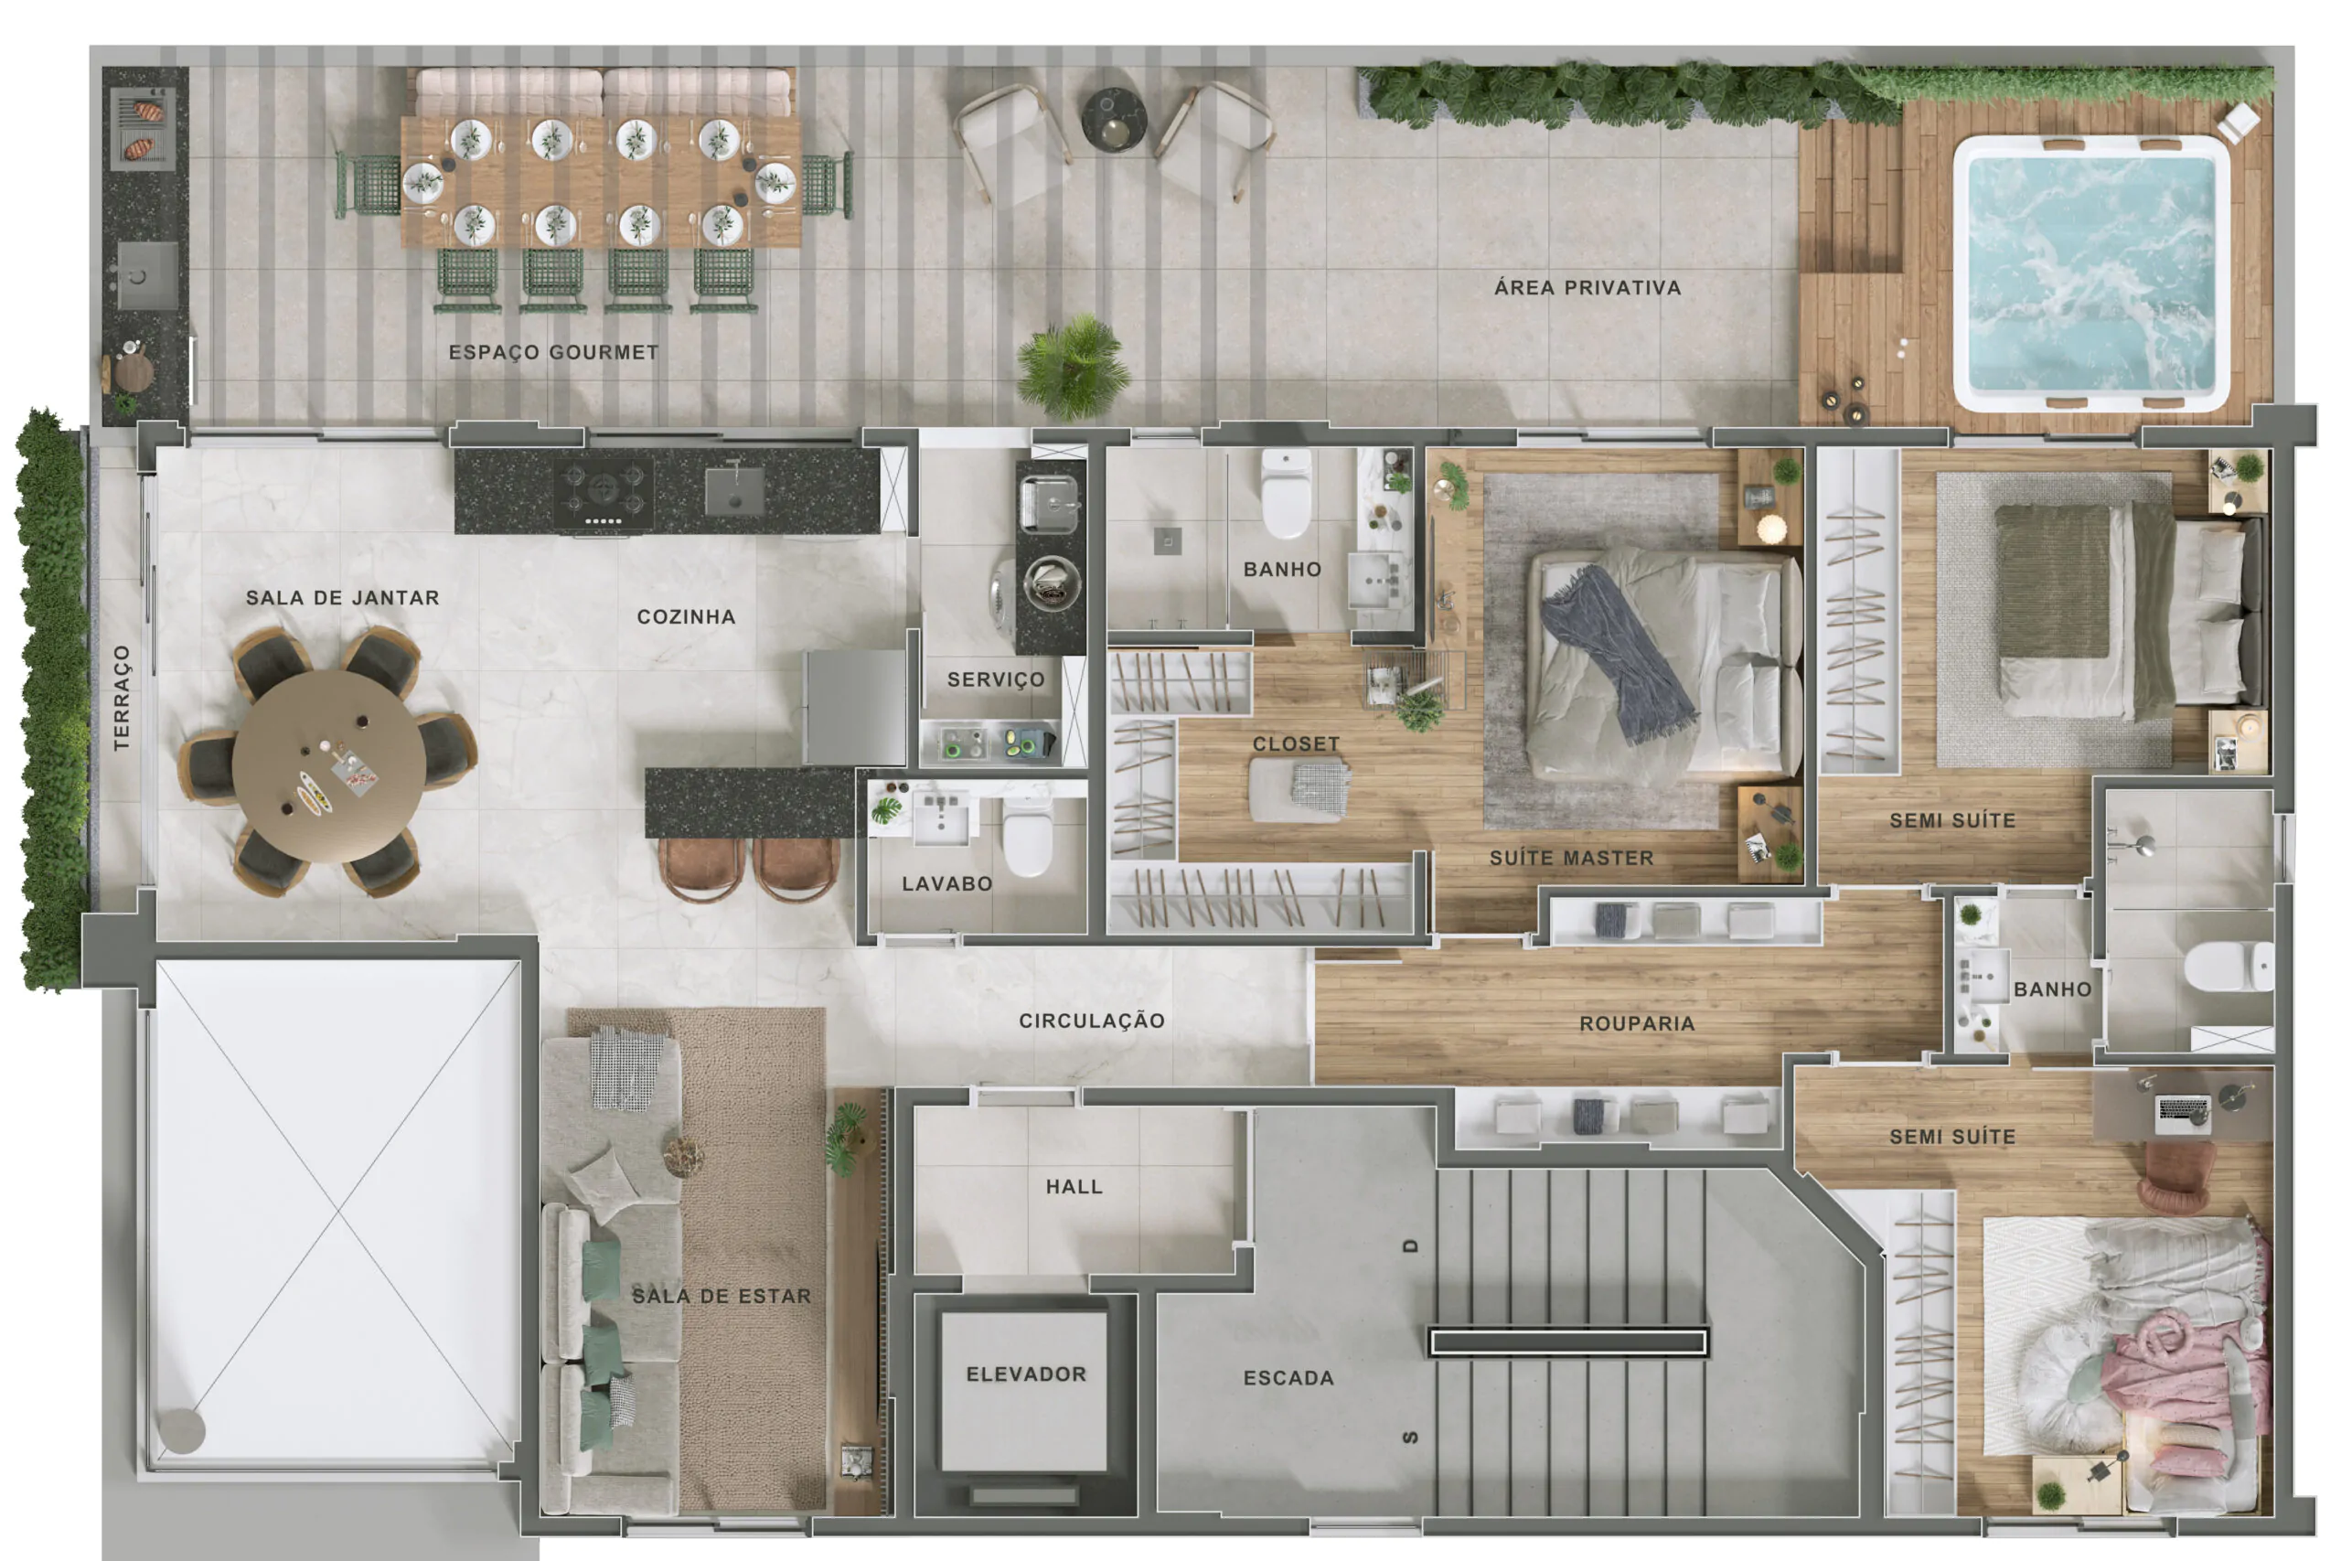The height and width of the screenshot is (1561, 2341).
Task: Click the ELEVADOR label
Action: (1026, 1374)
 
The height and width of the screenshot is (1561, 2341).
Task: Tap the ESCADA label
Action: (1288, 1378)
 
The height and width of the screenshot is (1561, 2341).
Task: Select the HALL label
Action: (1074, 1187)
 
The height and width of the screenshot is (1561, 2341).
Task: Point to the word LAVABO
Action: (946, 884)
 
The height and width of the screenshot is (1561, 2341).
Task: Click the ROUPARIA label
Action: (1636, 1023)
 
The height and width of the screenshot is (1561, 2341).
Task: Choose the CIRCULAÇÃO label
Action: (1091, 1021)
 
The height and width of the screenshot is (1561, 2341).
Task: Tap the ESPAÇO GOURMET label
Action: (553, 351)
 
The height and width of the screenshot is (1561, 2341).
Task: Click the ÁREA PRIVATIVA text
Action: (1587, 287)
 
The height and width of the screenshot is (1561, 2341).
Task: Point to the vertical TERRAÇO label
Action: (122, 697)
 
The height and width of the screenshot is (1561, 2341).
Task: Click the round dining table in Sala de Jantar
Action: (329, 764)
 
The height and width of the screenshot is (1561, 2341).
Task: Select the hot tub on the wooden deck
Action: (2091, 273)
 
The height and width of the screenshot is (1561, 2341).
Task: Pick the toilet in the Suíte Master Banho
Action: (1286, 493)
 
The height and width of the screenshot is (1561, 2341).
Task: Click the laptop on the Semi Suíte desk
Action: (2183, 1114)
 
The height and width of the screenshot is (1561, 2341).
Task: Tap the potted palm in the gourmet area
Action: (1073, 367)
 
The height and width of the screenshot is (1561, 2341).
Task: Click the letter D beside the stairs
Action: (1409, 1246)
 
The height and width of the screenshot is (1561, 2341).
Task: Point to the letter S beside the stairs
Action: (1409, 1438)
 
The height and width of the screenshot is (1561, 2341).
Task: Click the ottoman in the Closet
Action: (1299, 789)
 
